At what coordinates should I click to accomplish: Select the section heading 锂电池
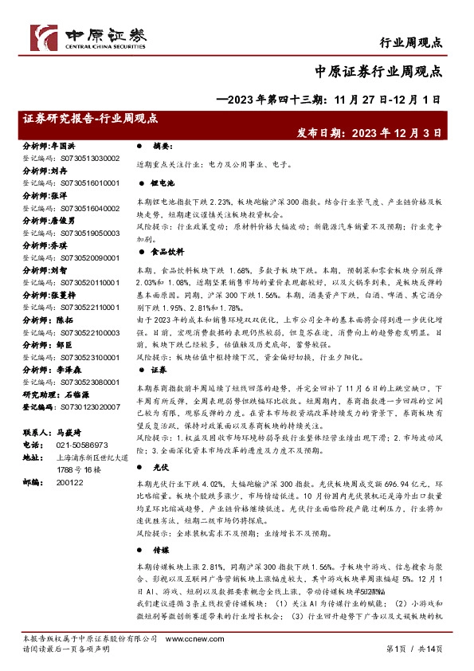pyautogui.click(x=162, y=182)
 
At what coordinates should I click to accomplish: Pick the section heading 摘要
pyautogui.click(x=162, y=147)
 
